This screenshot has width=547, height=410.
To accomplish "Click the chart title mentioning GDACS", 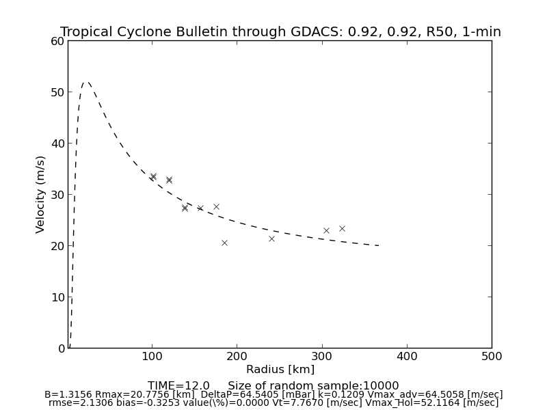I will [x=280, y=32].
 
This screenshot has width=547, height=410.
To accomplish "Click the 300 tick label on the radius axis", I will [x=322, y=356].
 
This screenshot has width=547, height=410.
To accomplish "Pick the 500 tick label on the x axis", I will [x=492, y=356].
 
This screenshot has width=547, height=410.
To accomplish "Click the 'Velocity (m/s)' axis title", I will [x=41, y=194].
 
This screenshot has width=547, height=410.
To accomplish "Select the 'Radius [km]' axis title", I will [x=280, y=370].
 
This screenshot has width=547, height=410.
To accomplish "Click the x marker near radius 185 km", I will [x=224, y=243].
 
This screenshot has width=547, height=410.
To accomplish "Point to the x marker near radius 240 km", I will [x=271, y=238].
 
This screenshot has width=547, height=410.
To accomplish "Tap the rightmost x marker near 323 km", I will [x=342, y=228].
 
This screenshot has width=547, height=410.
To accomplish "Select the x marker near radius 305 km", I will [x=326, y=230].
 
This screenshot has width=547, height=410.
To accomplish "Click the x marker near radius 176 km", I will [x=216, y=206].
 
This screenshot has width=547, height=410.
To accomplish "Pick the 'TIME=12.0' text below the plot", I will [x=178, y=386].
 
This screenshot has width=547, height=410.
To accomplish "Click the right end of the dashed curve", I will [x=379, y=245].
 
